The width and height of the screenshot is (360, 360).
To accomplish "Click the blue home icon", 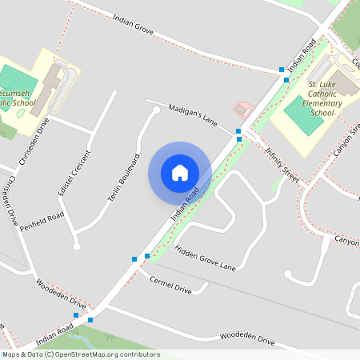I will (x=180, y=172).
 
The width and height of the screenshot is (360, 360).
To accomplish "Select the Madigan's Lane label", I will (x=193, y=113).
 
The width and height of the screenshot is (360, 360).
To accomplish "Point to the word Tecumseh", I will (x=16, y=92).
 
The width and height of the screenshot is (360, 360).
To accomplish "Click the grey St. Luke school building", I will (x=346, y=82).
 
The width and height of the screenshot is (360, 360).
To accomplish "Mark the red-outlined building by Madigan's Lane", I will (x=242, y=109).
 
